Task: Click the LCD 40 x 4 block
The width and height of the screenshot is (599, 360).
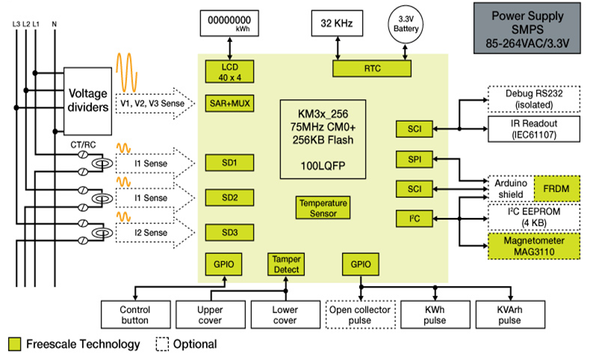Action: (225, 71)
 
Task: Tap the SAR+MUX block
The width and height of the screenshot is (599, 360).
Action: (225, 102)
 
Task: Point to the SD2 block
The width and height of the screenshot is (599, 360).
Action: (225, 197)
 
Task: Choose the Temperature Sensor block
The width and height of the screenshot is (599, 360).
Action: (323, 208)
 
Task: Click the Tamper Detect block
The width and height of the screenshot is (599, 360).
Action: (286, 264)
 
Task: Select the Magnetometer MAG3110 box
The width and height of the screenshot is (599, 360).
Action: (533, 244)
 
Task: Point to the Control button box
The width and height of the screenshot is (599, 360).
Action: (134, 314)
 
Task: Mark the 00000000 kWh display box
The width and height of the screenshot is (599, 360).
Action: (232, 23)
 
